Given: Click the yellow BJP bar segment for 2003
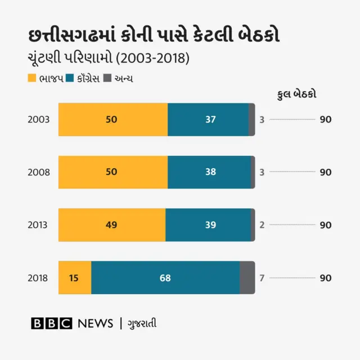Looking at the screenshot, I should point(113,119).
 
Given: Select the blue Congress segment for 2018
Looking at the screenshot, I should point(165,277).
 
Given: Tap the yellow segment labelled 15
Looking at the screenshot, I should point(74,277).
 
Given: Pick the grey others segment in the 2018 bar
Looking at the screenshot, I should point(247,277).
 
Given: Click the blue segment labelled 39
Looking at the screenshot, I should point(209,224).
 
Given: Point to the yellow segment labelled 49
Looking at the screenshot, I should point(112,224).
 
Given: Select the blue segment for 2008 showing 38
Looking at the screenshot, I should point(209,172).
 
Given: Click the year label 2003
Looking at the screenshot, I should point(39,120).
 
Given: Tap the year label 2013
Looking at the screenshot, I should point(39,225).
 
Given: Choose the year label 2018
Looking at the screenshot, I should point(39,278).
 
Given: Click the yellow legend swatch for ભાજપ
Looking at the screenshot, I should point(31,78).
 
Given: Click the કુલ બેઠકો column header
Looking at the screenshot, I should point(297,94).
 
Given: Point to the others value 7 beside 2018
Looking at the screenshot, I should point(262,278).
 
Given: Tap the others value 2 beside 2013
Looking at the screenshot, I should point(262,225).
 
